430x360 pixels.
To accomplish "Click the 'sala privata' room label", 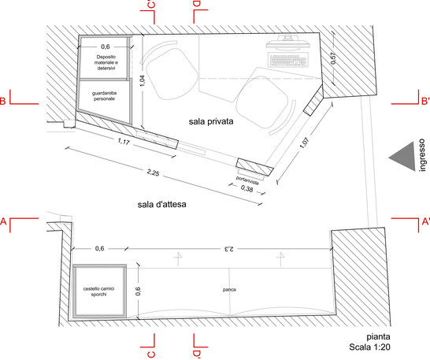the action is point(211,121).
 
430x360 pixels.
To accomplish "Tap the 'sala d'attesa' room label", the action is point(161,204).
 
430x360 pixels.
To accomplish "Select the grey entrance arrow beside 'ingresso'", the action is point(402,157).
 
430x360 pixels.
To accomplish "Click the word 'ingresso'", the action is point(422,154).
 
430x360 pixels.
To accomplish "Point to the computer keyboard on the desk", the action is point(288,60).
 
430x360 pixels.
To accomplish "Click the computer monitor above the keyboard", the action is point(287,43).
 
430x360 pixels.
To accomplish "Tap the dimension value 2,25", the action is point(153,173).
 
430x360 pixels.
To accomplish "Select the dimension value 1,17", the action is point(124,141).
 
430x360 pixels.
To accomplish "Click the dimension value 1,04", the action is point(143,81).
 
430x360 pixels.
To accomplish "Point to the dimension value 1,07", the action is point(305,143).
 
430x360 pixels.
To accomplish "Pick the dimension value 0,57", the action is point(333,58).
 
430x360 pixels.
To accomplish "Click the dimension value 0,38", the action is point(247,188).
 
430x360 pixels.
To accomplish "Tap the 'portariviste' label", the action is point(247,180).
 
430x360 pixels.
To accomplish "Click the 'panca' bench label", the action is point(229,289).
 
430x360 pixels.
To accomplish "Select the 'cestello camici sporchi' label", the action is point(98,291).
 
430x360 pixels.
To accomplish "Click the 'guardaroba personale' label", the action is point(104,96).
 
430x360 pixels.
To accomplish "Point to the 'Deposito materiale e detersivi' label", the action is point(106,62).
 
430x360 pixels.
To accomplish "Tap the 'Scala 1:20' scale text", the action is point(369,347).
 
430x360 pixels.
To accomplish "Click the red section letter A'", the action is point(425,221).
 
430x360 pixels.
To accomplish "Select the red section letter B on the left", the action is point(2,101).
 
